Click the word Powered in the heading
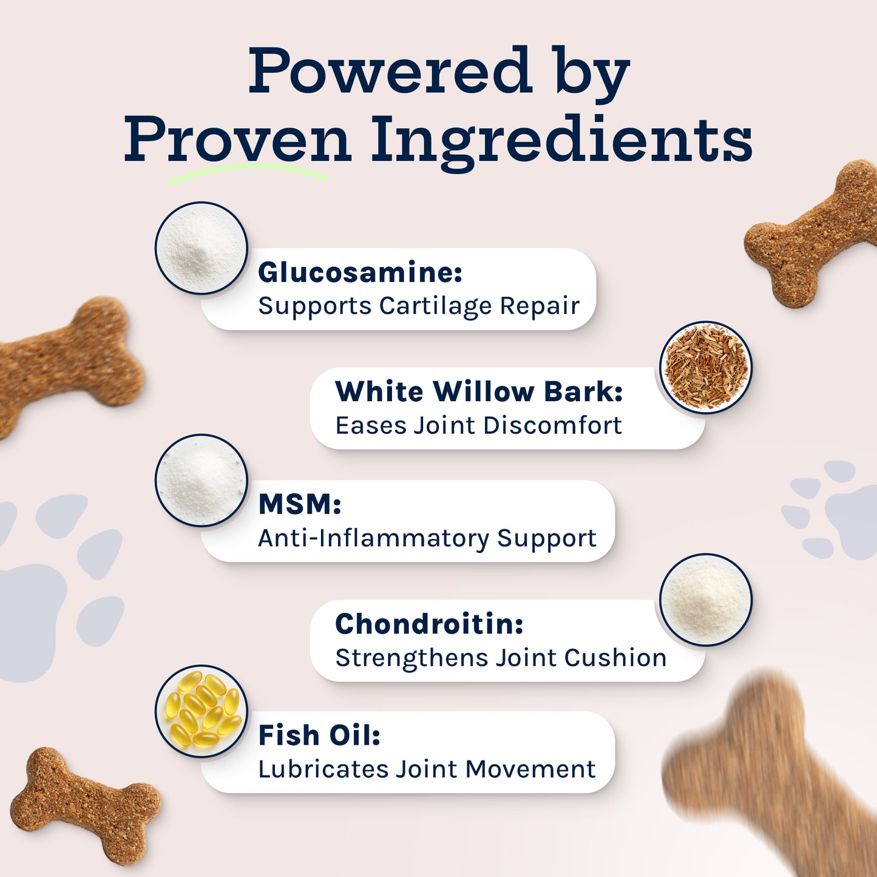pyautogui.click(x=390, y=71)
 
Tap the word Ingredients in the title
pyautogui.click(x=561, y=140)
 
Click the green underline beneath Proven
pyautogui.click(x=247, y=172)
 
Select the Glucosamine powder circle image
pyautogui.click(x=201, y=248)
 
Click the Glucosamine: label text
pyautogui.click(x=360, y=273)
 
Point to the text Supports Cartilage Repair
pyautogui.click(x=419, y=306)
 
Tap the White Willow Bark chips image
pyautogui.click(x=706, y=367)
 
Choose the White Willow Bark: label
pyautogui.click(x=479, y=392)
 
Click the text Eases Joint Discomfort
pyautogui.click(x=478, y=425)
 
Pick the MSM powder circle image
pyautogui.click(x=201, y=480)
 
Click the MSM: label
pyautogui.click(x=300, y=504)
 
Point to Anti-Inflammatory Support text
pyautogui.click(x=427, y=538)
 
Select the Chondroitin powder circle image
pyautogui.click(x=706, y=600)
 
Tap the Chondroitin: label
pyautogui.click(x=429, y=624)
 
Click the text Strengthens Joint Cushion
pyautogui.click(x=501, y=658)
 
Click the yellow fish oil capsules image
pyautogui.click(x=201, y=711)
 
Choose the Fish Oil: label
pyautogui.click(x=319, y=736)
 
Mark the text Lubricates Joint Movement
pyautogui.click(x=427, y=770)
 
